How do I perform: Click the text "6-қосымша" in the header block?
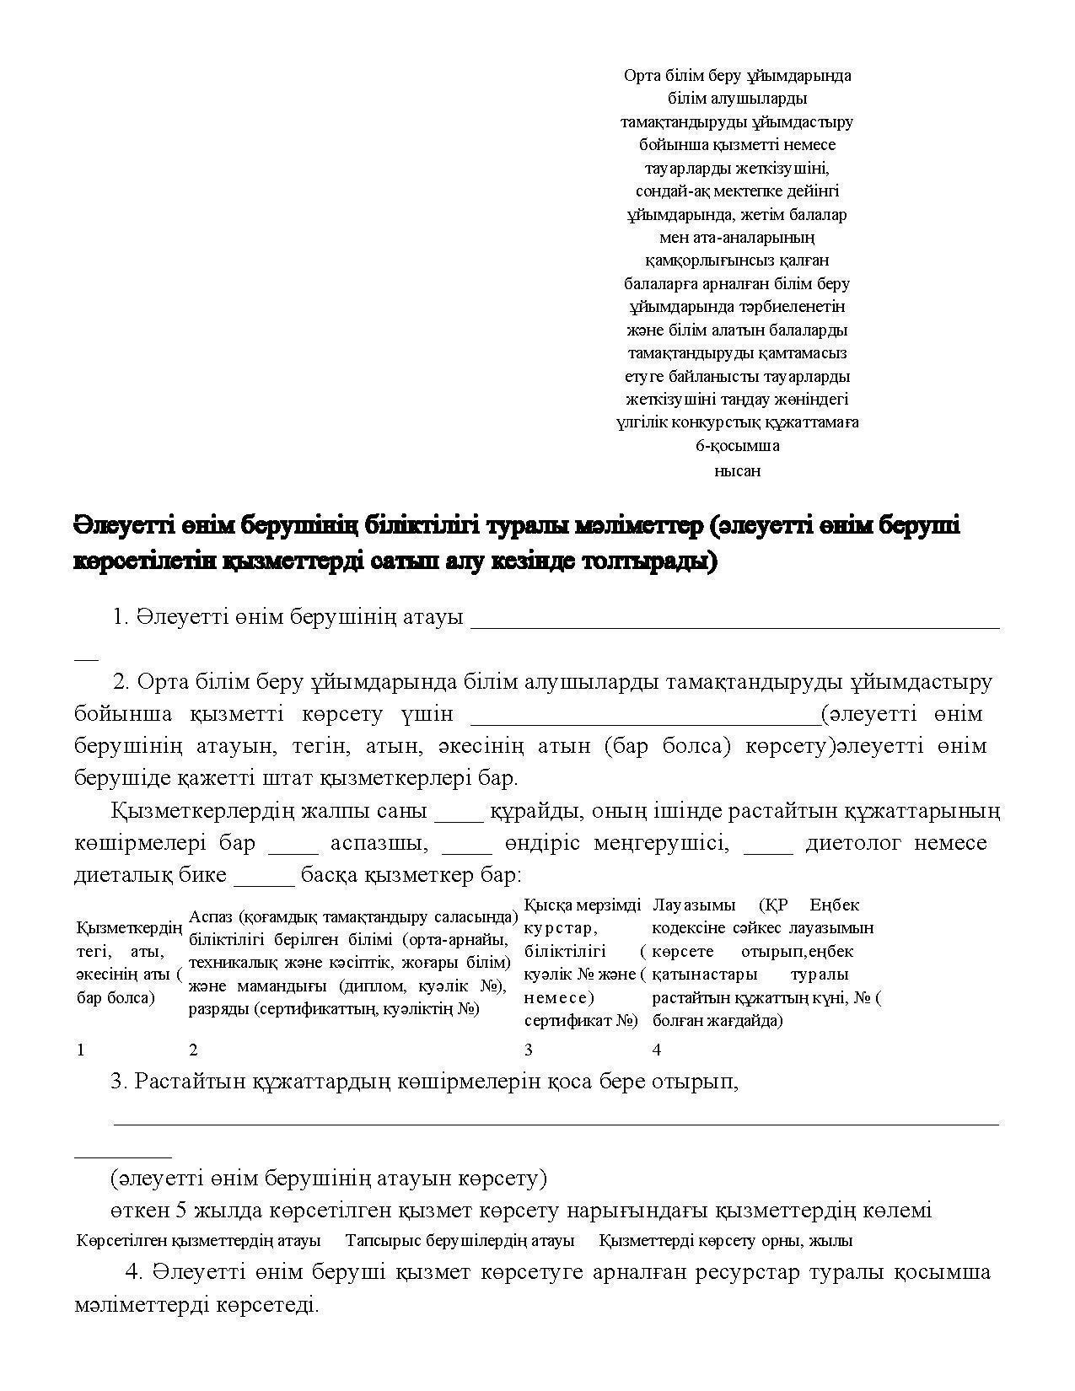point(737,445)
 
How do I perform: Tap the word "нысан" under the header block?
point(737,471)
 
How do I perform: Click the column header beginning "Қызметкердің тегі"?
point(129,963)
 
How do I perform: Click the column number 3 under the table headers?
point(529,1050)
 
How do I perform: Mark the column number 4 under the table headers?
point(657,1050)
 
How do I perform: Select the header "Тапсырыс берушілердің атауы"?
point(460,1241)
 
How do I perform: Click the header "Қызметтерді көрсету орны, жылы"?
point(726,1241)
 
